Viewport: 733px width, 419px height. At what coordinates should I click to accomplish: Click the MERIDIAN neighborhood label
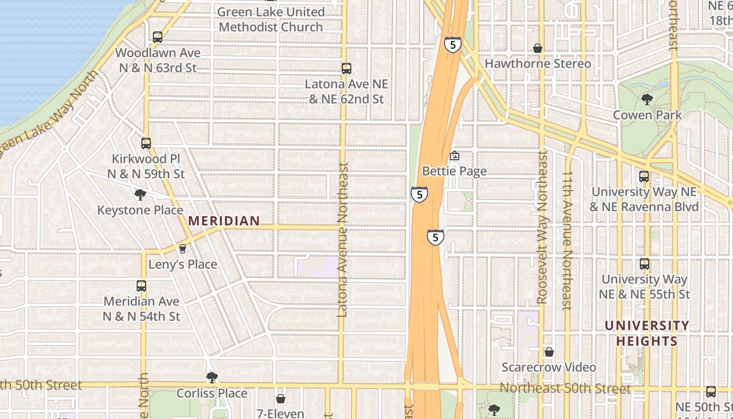(224, 221)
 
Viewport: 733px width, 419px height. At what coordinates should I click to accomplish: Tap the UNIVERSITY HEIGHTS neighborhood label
(647, 334)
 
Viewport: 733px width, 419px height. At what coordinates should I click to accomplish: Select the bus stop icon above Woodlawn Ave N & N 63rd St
(158, 37)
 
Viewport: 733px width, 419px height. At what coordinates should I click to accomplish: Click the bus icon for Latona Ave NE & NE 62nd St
(346, 68)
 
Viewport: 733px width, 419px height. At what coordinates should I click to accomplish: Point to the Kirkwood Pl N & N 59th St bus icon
(146, 143)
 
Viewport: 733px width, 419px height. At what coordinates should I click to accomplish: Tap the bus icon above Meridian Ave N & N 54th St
(141, 286)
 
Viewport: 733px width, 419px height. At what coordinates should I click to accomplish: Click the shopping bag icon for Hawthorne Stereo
(537, 48)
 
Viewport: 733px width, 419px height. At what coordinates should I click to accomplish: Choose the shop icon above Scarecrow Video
(549, 352)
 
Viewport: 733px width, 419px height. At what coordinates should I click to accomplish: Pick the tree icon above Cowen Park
(647, 99)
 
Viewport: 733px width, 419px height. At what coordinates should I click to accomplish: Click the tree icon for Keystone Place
(140, 195)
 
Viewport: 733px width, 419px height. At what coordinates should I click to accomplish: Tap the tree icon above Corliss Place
(212, 377)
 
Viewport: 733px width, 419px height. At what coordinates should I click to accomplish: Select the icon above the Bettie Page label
(454, 156)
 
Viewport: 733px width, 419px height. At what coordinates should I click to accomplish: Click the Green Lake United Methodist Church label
(271, 19)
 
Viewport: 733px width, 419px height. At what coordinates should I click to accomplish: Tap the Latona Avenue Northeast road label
(343, 239)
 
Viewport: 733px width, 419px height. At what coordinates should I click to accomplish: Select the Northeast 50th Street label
(565, 389)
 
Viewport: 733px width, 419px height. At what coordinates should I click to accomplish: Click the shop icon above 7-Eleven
(281, 399)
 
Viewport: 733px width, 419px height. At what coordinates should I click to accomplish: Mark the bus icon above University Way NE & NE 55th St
(645, 264)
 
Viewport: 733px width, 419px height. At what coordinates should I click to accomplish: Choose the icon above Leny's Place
(182, 248)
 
